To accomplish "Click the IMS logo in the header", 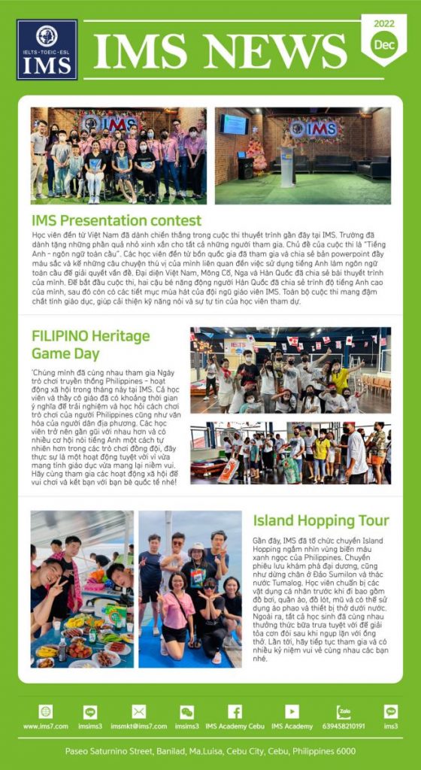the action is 47,50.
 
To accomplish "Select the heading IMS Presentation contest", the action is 117,220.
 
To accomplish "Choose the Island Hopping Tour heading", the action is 321,520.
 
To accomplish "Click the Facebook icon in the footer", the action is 235,711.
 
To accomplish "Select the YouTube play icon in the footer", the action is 292,711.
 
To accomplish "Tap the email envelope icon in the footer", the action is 138,711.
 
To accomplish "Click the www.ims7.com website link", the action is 46,726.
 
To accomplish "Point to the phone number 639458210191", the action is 344,726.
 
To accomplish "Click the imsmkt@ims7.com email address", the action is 138,726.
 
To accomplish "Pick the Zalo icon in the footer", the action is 344,711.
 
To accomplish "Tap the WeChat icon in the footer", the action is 186,711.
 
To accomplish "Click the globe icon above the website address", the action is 46,711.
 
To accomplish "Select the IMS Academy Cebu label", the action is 235,726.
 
